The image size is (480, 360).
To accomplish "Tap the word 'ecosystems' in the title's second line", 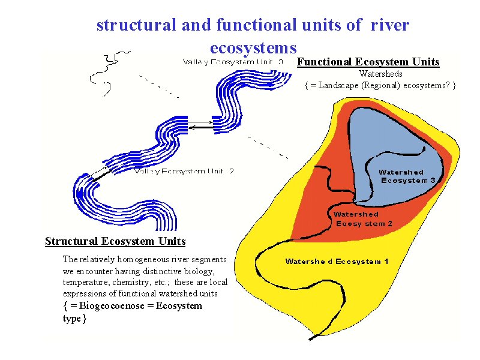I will coord(253,47).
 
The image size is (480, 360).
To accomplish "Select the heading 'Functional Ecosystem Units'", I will coord(368,62).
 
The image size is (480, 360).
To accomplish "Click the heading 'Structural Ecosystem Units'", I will coord(115,241).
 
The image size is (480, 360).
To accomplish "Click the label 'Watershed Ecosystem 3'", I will coord(409,176).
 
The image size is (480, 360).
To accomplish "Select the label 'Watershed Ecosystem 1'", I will coord(337,261).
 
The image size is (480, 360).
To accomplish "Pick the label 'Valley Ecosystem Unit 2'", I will coord(184,171).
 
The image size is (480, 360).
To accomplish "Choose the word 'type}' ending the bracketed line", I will coord(75,318).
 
